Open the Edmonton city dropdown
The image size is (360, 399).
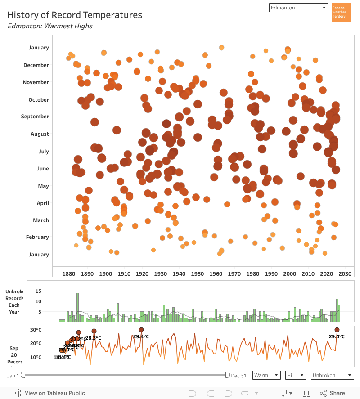299,8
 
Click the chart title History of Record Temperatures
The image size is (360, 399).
75,15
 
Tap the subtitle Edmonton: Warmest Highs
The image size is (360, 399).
50,26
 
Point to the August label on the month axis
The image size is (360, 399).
40,134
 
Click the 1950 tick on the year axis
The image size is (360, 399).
198,274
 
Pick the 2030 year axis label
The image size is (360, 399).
345,274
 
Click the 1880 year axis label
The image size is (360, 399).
69,274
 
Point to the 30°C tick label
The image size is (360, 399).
36,330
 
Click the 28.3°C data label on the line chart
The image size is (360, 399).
93,338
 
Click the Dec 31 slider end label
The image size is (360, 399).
238,376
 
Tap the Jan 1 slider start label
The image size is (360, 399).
13,376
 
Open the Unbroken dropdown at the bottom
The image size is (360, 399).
332,375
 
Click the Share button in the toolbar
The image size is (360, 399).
332,393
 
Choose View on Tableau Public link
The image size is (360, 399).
50,393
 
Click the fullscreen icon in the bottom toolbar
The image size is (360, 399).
306,393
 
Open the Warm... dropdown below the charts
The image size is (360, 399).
266,375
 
